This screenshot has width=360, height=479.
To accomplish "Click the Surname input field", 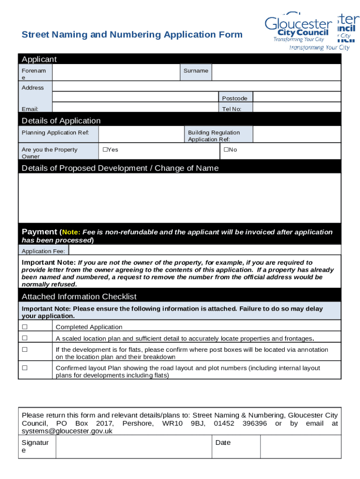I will pyautogui.click(x=276, y=72).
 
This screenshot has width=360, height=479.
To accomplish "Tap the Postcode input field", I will pyautogui.click(x=296, y=97).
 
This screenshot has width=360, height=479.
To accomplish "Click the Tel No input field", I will pyautogui.click(x=296, y=108).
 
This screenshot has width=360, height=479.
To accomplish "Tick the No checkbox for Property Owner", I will pyautogui.click(x=225, y=150).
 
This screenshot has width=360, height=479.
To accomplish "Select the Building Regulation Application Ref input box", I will pyautogui.click(x=296, y=134).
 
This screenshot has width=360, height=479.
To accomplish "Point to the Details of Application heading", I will pyautogui.click(x=61, y=121).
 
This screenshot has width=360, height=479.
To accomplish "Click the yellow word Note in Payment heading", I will pyautogui.click(x=71, y=232).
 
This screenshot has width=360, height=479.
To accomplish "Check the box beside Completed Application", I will pyautogui.click(x=25, y=327).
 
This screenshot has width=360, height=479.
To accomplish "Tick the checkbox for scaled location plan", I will pyautogui.click(x=25, y=338).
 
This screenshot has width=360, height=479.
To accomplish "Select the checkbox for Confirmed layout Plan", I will pyautogui.click(x=25, y=368).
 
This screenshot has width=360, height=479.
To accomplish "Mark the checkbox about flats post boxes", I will pyautogui.click(x=25, y=349).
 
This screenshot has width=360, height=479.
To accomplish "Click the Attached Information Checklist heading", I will pyautogui.click(x=79, y=297).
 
